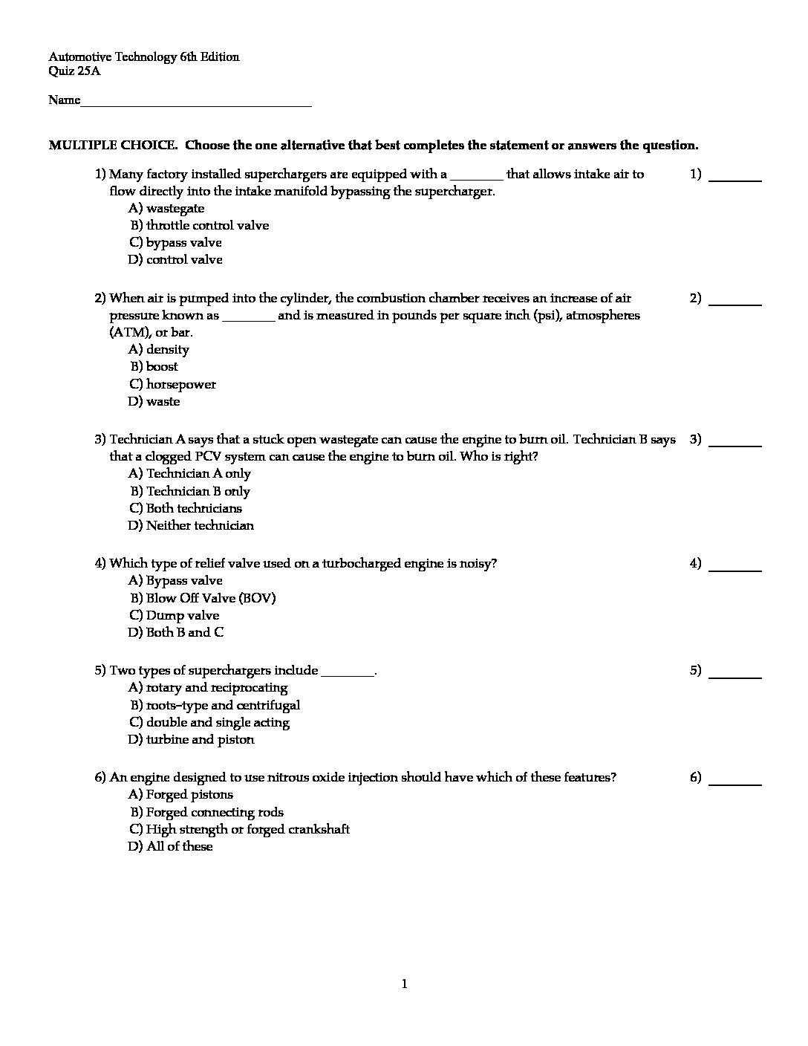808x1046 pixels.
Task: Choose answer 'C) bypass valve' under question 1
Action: coord(175,243)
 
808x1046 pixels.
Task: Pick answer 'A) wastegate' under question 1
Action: coord(166,209)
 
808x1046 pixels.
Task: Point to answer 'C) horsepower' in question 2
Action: coord(172,385)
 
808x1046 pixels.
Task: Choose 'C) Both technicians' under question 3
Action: coord(186,509)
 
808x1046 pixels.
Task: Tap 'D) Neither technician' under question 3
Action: coord(191,526)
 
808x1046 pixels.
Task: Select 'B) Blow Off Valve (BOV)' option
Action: coord(203,598)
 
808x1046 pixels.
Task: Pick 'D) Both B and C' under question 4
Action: coord(176,633)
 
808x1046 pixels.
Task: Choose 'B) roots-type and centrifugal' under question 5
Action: coord(215,706)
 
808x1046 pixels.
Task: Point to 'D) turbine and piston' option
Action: coord(191,740)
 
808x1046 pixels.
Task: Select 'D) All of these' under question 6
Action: coord(170,847)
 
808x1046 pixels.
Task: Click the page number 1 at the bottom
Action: coord(404,985)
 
